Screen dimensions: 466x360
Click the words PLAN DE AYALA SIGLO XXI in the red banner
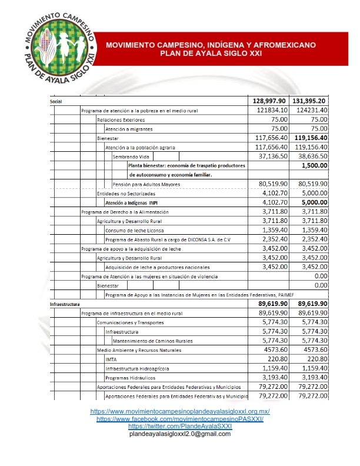click(x=211, y=53)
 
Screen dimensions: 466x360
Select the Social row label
click(x=57, y=101)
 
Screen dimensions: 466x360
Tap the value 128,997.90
click(x=265, y=101)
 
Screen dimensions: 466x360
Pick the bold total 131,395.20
click(x=309, y=101)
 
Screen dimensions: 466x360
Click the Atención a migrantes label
click(x=128, y=129)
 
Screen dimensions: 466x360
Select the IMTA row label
click(x=111, y=359)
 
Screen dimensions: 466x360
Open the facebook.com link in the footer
click(x=179, y=418)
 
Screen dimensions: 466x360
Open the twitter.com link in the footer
click(x=179, y=426)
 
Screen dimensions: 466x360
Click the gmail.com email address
click(x=179, y=434)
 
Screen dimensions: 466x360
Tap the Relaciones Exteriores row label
click(x=120, y=119)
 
